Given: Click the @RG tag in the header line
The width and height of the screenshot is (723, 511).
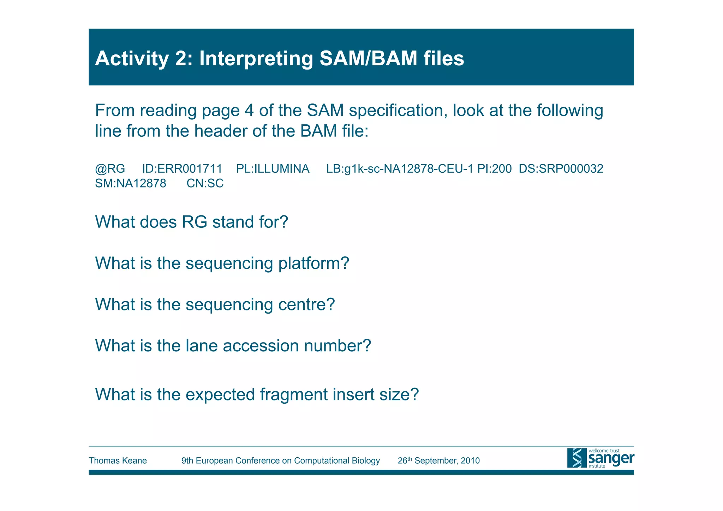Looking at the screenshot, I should pyautogui.click(x=110, y=169).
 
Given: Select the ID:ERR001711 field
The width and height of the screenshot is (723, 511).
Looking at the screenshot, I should pyautogui.click(x=182, y=169).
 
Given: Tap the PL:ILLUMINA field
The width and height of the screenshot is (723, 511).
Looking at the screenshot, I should pyautogui.click(x=273, y=169).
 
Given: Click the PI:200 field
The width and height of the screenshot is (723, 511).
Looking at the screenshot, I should pyautogui.click(x=494, y=169).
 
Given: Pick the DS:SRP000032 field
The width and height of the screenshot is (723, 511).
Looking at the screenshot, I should pyautogui.click(x=561, y=169).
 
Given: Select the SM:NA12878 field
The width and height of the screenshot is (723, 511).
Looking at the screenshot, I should pyautogui.click(x=130, y=184).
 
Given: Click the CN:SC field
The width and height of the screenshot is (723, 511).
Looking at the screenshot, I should pyautogui.click(x=205, y=184).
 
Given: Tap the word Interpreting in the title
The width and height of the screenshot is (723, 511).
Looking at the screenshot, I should pyautogui.click(x=256, y=59).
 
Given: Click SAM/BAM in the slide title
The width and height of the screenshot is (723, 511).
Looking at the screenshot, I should pyautogui.click(x=368, y=59).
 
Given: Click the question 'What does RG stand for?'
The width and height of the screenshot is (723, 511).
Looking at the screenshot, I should pyautogui.click(x=191, y=222).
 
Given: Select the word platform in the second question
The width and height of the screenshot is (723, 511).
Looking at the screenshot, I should pyautogui.click(x=313, y=263).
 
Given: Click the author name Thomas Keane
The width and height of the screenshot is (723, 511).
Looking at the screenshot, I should pyautogui.click(x=118, y=461).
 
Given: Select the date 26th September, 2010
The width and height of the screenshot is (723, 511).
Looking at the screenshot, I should pyautogui.click(x=438, y=461).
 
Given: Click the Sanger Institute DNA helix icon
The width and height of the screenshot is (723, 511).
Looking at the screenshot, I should pyautogui.click(x=576, y=458).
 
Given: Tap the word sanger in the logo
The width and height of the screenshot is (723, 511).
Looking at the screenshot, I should pyautogui.click(x=611, y=458).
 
